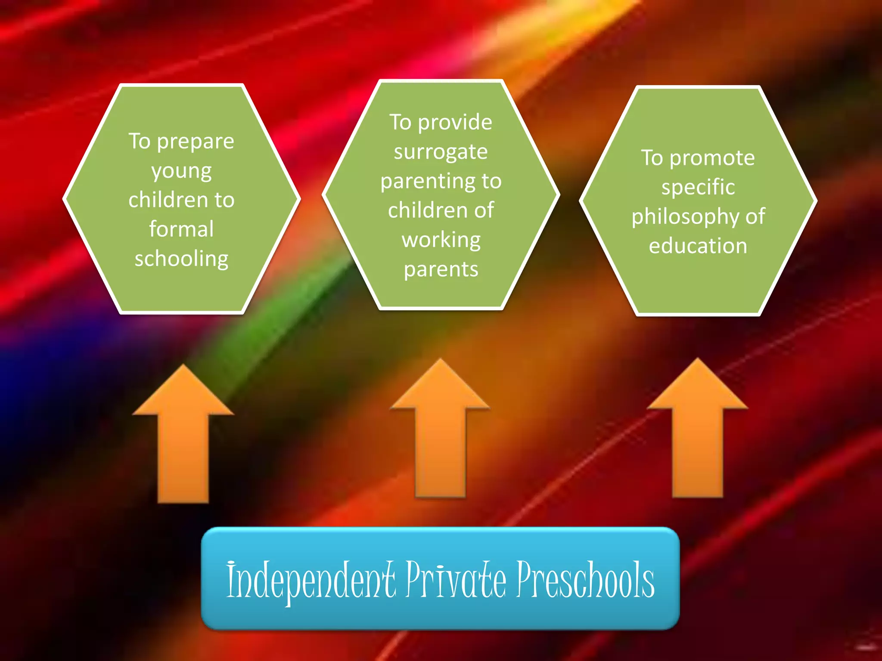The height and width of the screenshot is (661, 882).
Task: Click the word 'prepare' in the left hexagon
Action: coord(196,142)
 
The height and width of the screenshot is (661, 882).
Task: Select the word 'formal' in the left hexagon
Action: coord(181,229)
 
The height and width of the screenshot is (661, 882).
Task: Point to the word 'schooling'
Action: coord(181,259)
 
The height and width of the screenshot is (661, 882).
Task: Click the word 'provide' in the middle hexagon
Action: coord(455,123)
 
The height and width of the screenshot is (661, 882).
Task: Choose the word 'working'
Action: coord(441,240)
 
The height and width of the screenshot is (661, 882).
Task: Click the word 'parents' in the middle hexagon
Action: coord(441,270)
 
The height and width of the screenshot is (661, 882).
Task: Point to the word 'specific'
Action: coord(698,188)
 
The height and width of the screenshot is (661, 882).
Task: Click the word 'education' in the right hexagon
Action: coord(698,246)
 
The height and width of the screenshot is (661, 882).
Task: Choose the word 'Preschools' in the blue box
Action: coord(586,580)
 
